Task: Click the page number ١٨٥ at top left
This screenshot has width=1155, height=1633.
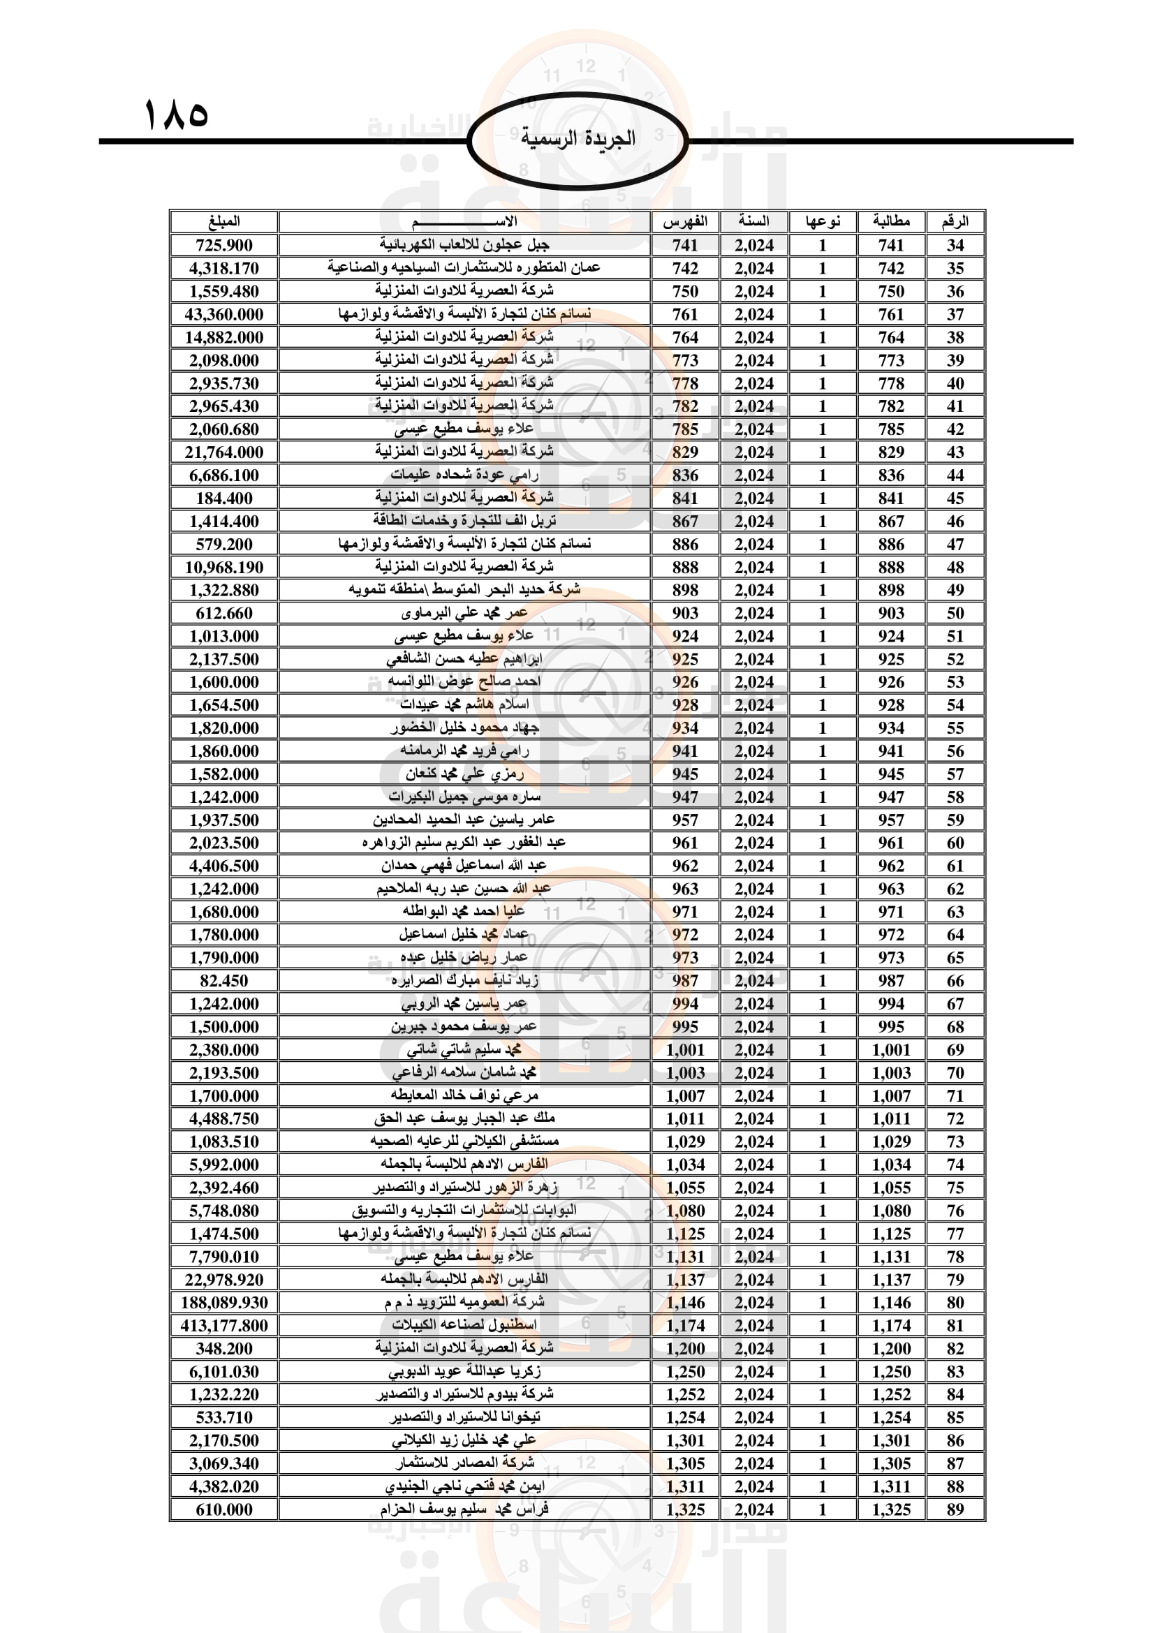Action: (x=176, y=114)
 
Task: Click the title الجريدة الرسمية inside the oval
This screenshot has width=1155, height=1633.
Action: (x=577, y=138)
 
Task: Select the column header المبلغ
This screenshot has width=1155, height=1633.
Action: (x=224, y=221)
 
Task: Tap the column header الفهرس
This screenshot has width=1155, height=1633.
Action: (x=684, y=221)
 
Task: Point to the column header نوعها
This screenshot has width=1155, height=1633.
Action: (x=822, y=221)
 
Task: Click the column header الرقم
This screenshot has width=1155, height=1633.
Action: (x=955, y=221)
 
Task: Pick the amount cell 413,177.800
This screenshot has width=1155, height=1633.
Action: (x=224, y=1326)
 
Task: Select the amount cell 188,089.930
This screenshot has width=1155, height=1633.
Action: (x=224, y=1303)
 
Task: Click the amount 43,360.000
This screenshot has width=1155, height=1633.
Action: (x=224, y=314)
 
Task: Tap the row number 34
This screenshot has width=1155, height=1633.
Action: (x=955, y=245)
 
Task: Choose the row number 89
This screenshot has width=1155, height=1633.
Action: (x=955, y=1510)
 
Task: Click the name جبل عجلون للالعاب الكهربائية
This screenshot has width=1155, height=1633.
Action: (x=464, y=245)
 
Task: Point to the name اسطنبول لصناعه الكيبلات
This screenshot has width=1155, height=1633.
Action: (x=464, y=1326)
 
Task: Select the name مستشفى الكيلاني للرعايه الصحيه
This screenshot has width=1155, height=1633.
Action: (x=464, y=1141)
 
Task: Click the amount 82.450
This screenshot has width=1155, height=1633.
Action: (x=224, y=981)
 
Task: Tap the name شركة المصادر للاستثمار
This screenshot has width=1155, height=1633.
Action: (x=464, y=1464)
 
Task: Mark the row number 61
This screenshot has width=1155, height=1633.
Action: (x=955, y=866)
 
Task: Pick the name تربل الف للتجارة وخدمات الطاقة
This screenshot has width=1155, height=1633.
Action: (x=464, y=522)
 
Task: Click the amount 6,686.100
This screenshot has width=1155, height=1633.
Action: (x=224, y=475)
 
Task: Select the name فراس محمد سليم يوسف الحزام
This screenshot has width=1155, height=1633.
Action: (x=464, y=1510)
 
